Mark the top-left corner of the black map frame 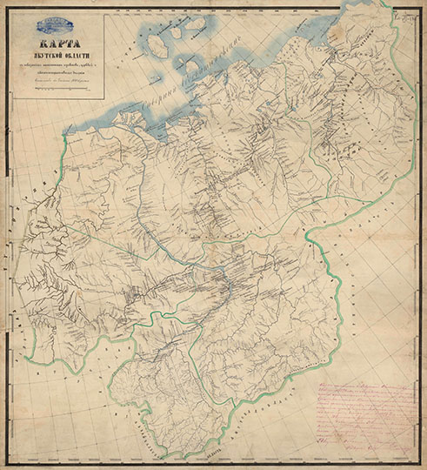point(10,10)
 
